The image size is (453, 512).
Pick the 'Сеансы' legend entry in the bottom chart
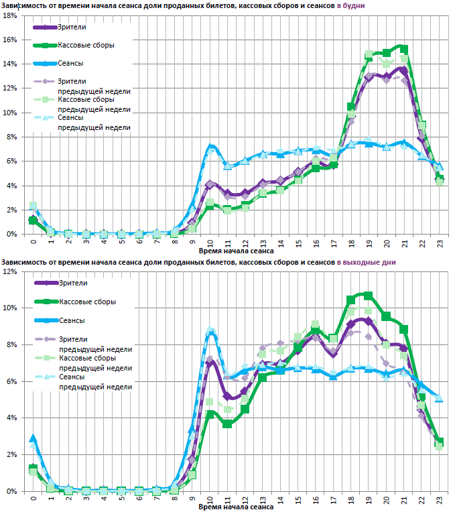pos(72,320)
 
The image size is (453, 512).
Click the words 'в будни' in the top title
pos(350,5)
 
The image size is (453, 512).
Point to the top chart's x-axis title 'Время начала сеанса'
pos(235,250)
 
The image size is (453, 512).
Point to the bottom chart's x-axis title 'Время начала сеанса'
pos(235,507)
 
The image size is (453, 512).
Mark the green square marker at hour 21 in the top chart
pos(403,49)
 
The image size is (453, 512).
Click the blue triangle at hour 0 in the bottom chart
pos(33,438)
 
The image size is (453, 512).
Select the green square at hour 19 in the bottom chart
pos(368,295)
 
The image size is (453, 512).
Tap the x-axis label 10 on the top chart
pos(210,242)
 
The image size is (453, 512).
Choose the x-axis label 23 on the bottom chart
pos(439,499)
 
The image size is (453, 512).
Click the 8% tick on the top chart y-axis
pos(11,137)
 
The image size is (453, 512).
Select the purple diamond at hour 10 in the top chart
pos(210,184)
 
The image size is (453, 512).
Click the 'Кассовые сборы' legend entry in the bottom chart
pos(86,302)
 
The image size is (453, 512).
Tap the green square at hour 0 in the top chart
pos(33,220)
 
